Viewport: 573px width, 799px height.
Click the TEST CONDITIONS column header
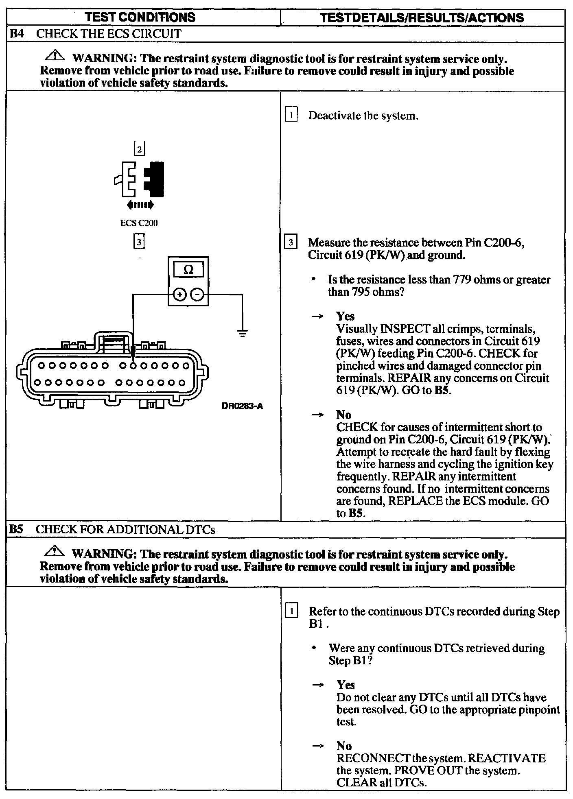[142, 17]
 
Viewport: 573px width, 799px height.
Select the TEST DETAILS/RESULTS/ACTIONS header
[422, 17]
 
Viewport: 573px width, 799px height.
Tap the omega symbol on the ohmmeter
[188, 270]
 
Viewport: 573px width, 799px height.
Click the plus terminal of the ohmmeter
[179, 294]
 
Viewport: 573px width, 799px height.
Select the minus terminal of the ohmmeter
[197, 294]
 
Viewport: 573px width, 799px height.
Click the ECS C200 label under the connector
[139, 223]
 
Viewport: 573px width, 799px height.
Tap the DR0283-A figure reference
[243, 406]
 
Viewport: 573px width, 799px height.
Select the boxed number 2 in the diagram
[140, 149]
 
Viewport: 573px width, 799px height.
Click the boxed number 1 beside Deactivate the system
[291, 115]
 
